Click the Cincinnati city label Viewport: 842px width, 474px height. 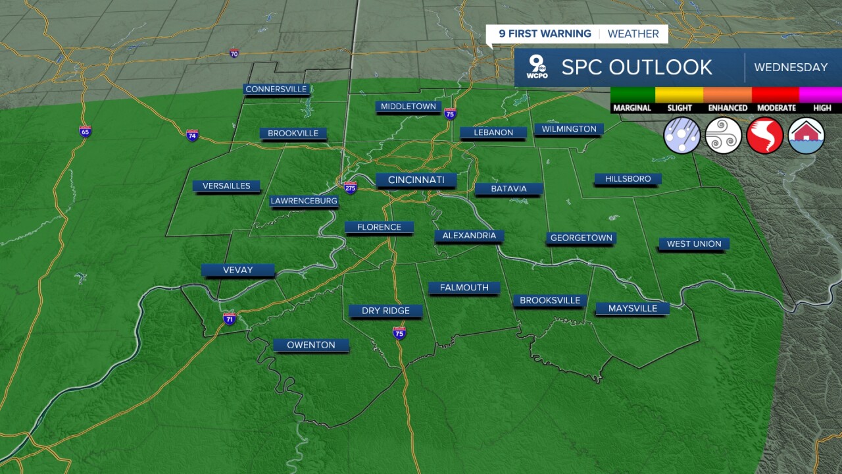point(416,180)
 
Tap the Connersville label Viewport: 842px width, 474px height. point(276,89)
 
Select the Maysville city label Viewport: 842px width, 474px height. point(632,308)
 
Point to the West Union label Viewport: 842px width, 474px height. point(694,244)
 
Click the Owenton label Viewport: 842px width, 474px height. point(311,345)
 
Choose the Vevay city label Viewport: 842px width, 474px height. point(237,270)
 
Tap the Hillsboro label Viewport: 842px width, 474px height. point(628,179)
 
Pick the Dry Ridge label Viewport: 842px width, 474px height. point(385,311)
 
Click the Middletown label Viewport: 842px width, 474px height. point(408,106)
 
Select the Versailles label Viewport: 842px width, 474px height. point(226,186)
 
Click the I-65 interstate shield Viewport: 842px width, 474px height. point(85,131)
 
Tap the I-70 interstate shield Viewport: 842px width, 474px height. point(234,53)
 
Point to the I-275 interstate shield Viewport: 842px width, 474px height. point(350,187)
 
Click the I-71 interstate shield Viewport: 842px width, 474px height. point(229,319)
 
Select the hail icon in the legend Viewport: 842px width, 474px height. point(682,135)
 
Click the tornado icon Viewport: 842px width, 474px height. point(764,135)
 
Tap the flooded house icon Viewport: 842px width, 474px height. point(806,135)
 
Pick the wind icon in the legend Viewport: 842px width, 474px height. point(724,135)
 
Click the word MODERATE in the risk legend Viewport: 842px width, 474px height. point(775,108)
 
